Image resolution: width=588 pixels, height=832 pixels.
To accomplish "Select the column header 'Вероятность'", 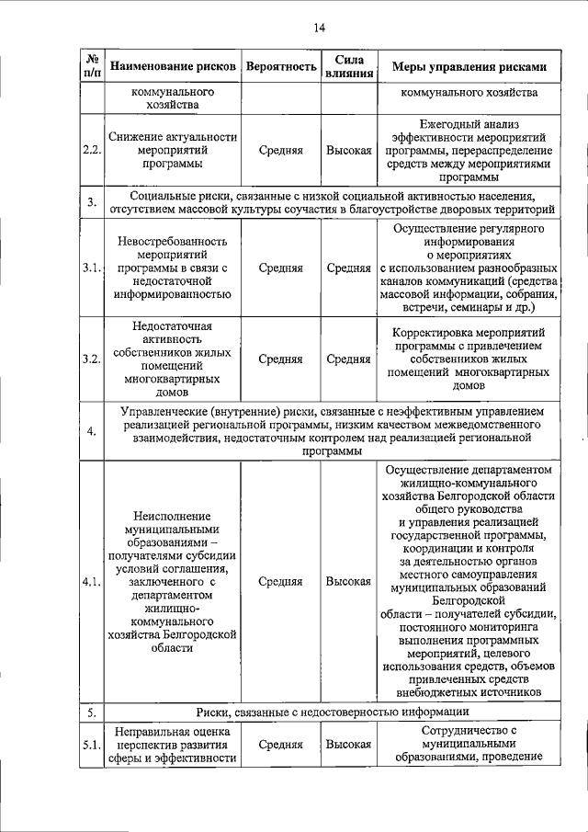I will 280,67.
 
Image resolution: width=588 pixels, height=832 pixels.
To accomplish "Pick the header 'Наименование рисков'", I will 173,67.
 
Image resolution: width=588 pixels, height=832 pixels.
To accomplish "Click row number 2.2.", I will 91,150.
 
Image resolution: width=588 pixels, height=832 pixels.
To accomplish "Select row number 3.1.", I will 91,268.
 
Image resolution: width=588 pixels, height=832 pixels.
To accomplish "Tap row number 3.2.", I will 91,359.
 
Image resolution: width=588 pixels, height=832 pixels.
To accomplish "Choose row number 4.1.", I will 91,582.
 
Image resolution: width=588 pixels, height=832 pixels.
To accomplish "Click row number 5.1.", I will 91,745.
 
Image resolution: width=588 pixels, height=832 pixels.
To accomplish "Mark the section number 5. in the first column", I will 91,712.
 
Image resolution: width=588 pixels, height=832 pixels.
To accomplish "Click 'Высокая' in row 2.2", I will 348,150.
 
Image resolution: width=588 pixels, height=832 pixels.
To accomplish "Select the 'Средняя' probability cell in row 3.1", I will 280,268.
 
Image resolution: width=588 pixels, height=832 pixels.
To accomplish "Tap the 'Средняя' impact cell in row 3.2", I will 348,359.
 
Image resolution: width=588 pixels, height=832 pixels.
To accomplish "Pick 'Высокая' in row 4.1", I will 348,582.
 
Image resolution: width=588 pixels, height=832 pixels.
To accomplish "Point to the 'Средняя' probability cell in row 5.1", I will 280,745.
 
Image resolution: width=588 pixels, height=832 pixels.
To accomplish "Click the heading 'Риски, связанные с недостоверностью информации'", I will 334,712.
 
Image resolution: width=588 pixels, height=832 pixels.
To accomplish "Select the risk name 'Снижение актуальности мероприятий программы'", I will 173,150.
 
